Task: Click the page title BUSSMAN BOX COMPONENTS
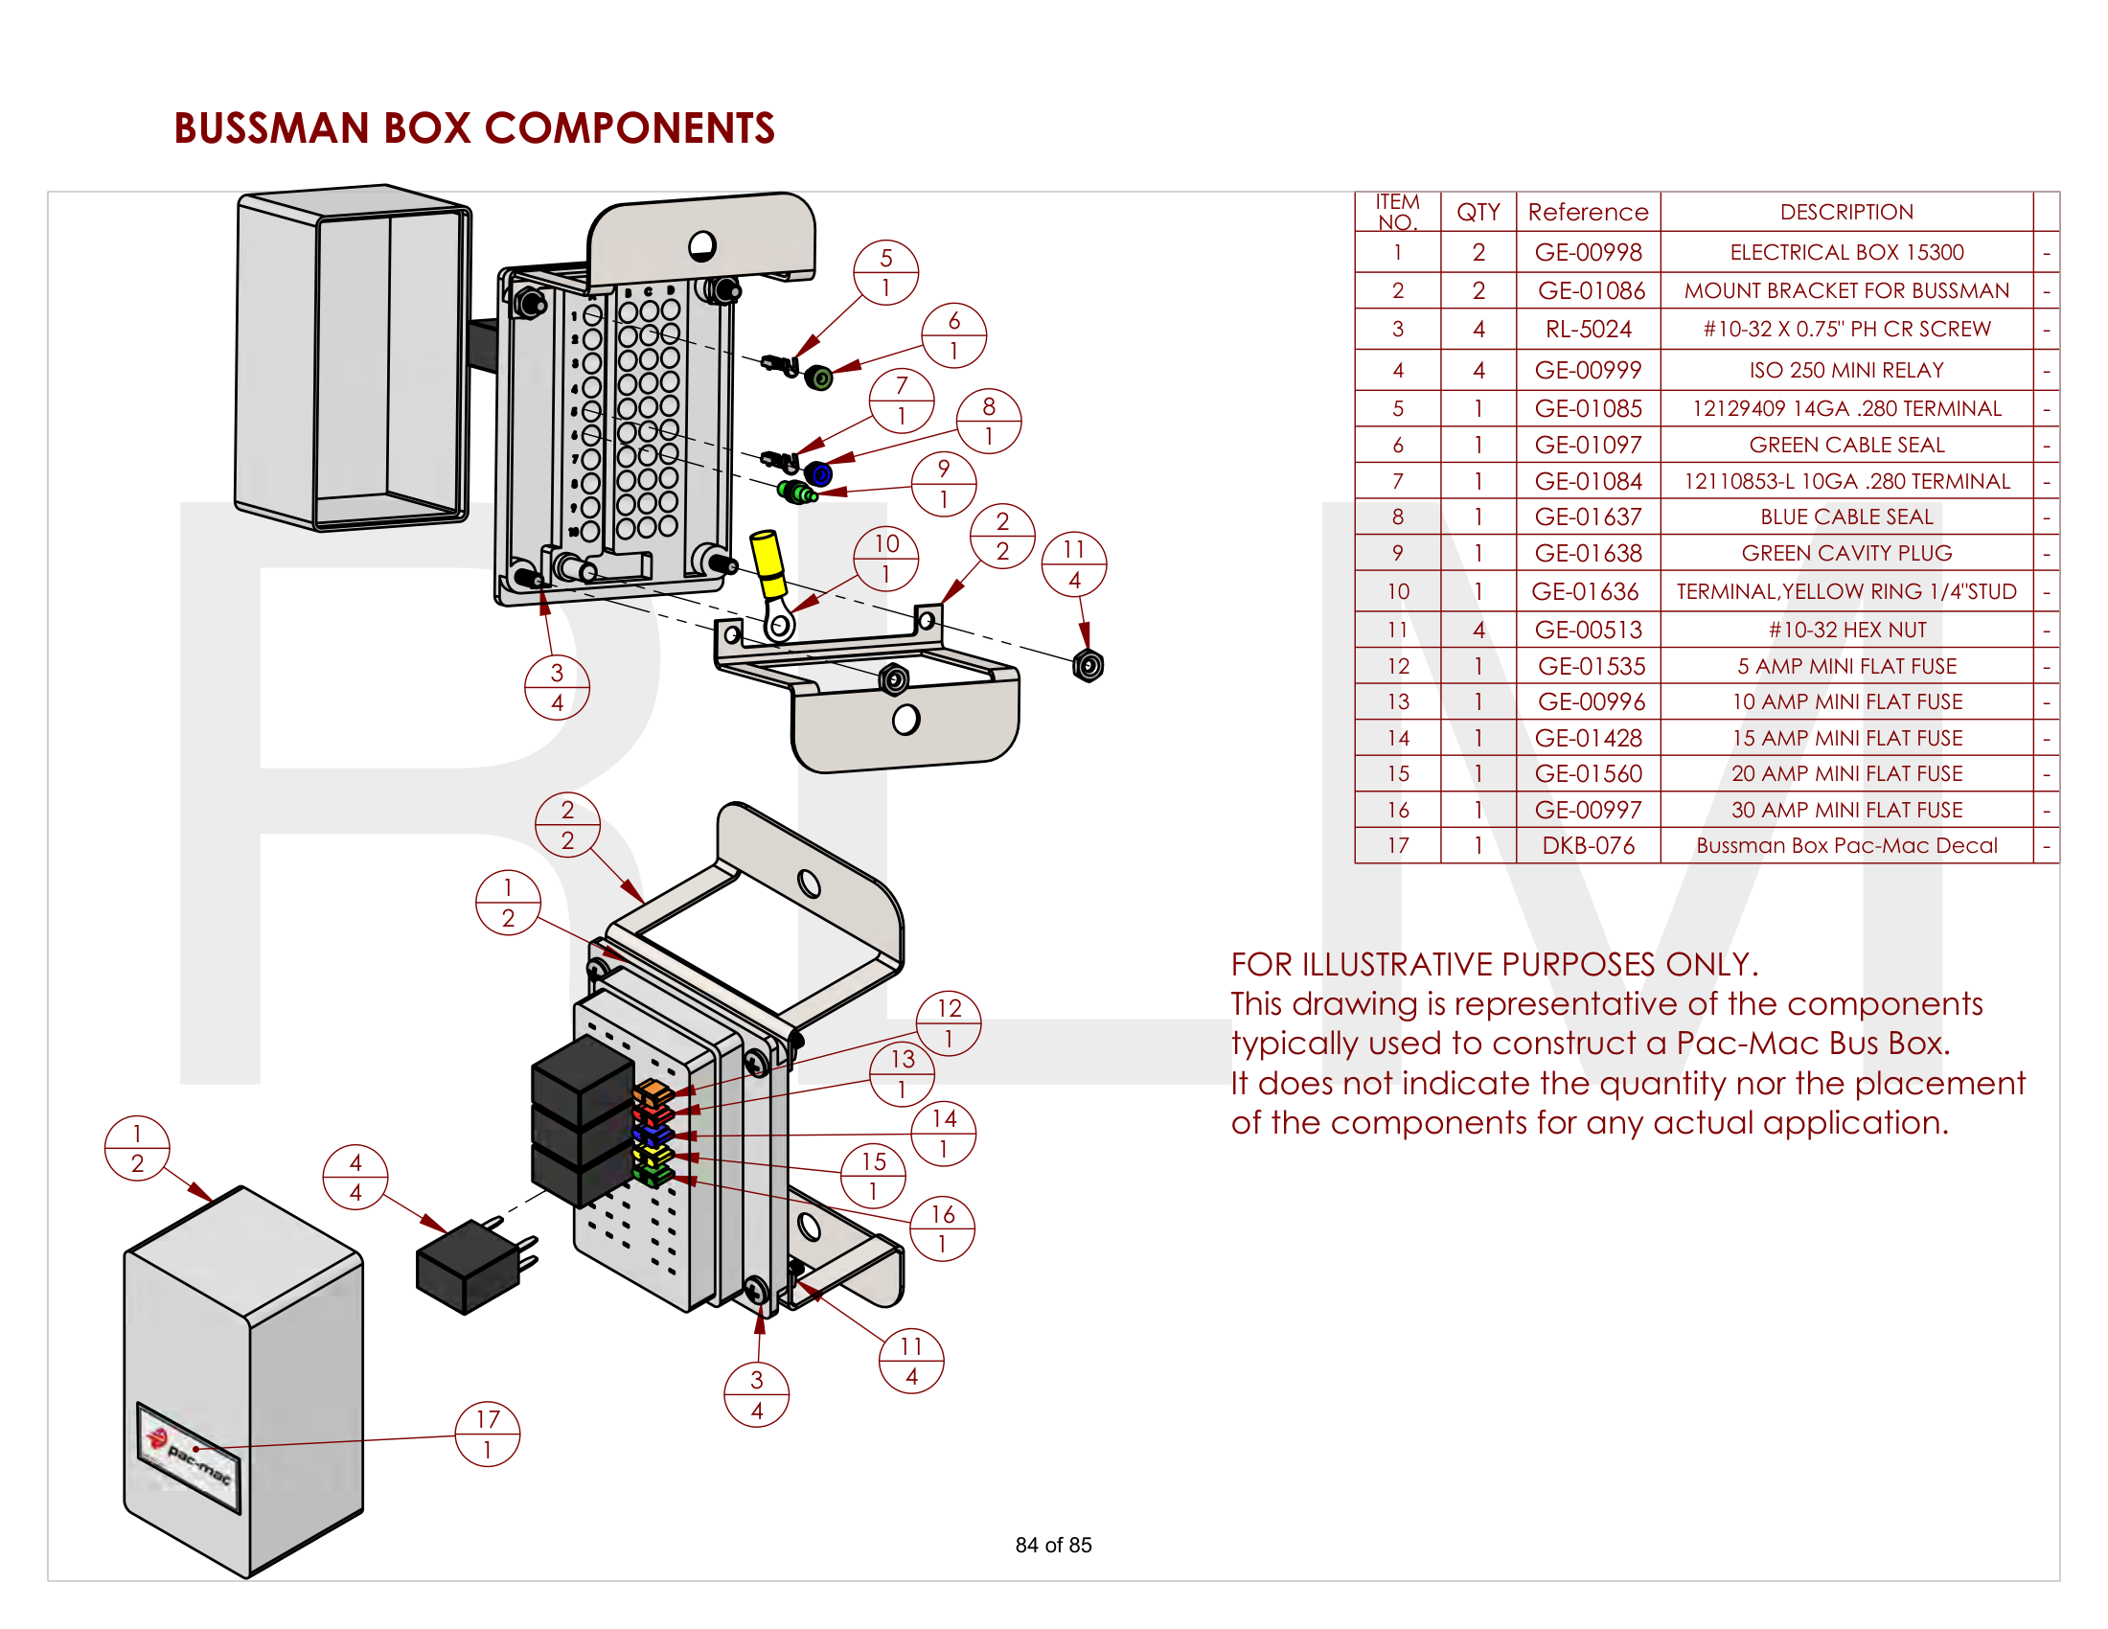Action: (x=474, y=128)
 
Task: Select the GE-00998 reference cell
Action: (x=1588, y=252)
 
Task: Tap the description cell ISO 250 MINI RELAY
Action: (x=1845, y=370)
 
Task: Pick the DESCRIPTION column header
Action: (x=1845, y=212)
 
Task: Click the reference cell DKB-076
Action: (x=1588, y=845)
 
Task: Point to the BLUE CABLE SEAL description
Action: (x=1845, y=516)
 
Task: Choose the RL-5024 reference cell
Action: (x=1588, y=329)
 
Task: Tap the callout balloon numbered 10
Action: (x=885, y=558)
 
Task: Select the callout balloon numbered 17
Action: (x=488, y=1434)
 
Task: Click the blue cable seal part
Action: (x=818, y=473)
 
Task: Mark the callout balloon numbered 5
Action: (x=885, y=272)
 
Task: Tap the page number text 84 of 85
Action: (x=1053, y=1545)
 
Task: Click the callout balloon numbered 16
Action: (x=941, y=1227)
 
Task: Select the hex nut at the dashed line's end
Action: (x=1088, y=666)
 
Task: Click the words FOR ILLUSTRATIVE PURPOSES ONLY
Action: (x=1493, y=964)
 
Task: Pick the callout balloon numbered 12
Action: (x=948, y=1022)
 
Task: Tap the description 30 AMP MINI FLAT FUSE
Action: (x=1845, y=810)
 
